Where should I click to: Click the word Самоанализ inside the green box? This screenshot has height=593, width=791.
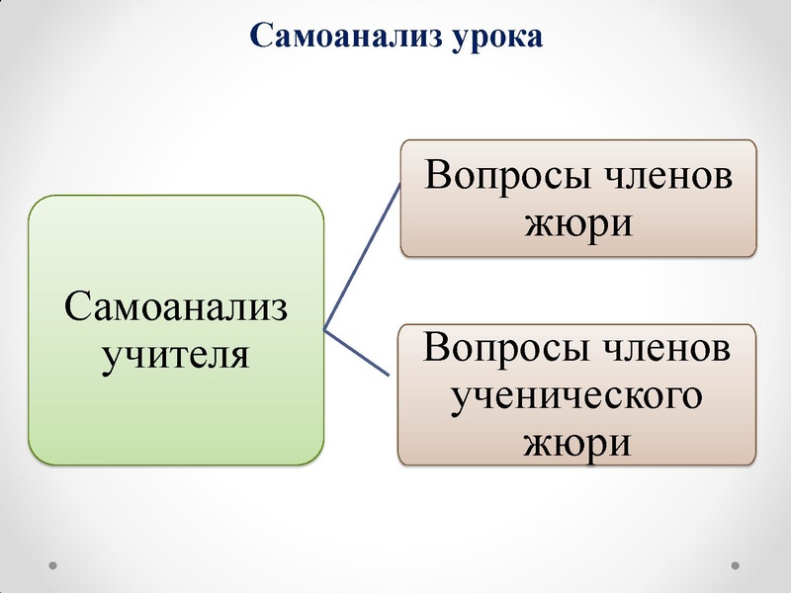(176, 306)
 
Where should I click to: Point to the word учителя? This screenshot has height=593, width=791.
(176, 351)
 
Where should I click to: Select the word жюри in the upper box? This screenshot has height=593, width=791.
(577, 221)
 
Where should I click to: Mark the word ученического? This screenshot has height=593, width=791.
(577, 394)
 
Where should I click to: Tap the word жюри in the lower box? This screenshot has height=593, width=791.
(577, 441)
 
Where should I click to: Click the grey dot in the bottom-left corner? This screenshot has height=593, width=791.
(53, 566)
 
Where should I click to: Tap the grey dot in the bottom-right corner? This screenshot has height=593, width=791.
(736, 566)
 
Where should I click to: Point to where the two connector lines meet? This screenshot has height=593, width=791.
(325, 329)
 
